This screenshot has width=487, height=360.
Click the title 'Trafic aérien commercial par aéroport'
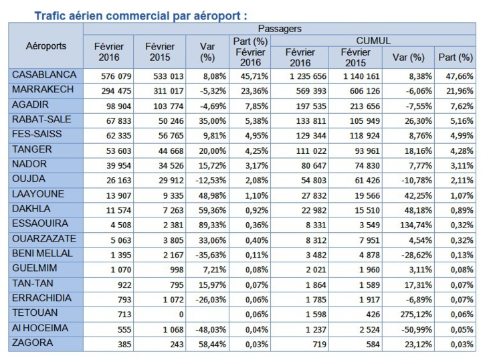pos(140,14)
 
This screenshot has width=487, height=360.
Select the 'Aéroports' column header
pos(46,46)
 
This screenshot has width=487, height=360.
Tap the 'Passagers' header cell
pos(279,29)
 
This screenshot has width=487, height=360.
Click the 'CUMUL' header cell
pos(373,41)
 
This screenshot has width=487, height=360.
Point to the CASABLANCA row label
pos(44,75)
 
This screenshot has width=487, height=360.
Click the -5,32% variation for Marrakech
pos(207,90)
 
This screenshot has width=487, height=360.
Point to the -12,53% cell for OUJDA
pos(207,179)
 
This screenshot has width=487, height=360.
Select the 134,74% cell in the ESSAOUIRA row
pos(409,224)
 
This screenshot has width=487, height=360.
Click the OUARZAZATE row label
pos(44,238)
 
